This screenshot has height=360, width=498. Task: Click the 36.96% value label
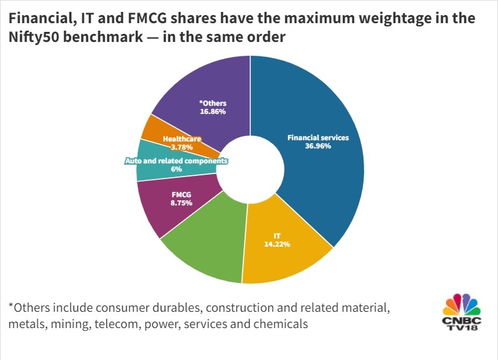[x=318, y=146]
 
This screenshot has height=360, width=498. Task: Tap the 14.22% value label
[x=281, y=244]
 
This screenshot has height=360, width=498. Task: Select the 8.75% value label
[x=182, y=203]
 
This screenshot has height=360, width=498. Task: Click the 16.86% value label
[x=212, y=111]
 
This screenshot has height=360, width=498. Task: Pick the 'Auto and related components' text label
[x=176, y=161]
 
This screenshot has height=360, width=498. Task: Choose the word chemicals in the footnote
[x=281, y=324]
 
